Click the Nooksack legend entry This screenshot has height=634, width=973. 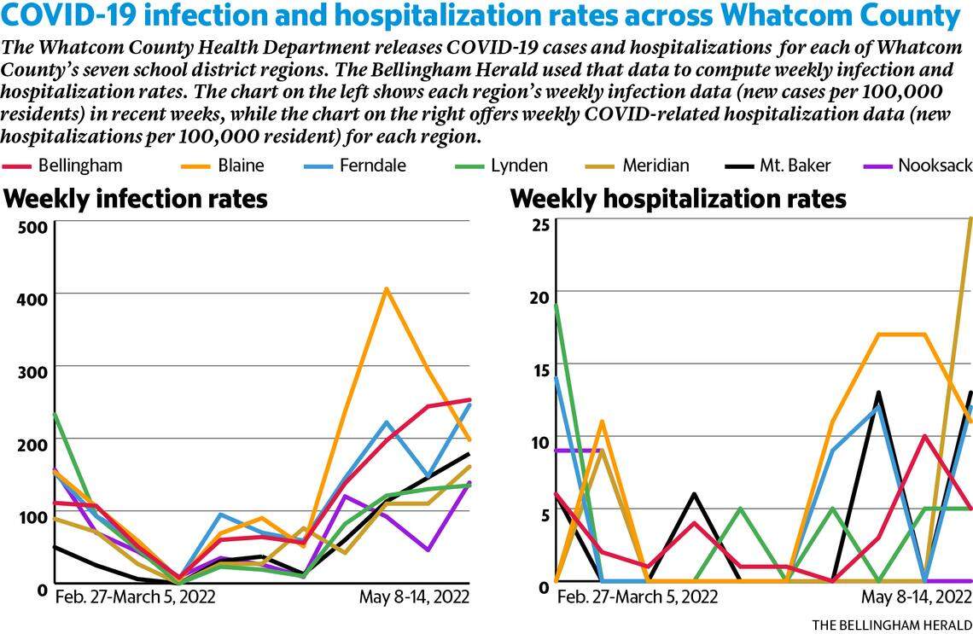pos(933,165)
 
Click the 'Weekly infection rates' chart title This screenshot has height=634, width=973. pos(136,200)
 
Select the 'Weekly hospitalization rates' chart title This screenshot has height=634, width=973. pos(678,200)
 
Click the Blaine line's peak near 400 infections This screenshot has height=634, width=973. pos(386,289)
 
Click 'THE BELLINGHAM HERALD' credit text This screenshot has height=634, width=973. pos(891,624)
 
